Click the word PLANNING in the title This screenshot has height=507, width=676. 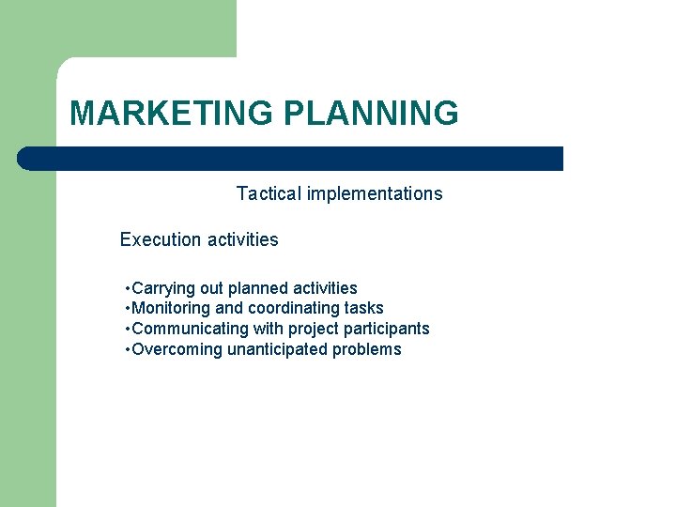(371, 114)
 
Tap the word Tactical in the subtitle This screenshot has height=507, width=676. (267, 194)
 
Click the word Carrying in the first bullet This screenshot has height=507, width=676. (161, 288)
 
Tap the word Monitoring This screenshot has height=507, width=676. (172, 308)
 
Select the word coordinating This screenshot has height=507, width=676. (292, 308)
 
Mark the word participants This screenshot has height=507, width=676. (388, 329)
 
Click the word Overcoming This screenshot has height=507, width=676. (177, 349)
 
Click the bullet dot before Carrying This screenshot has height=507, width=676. (127, 288)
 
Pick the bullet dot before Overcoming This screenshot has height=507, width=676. (127, 349)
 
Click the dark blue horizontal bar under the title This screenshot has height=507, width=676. (291, 159)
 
